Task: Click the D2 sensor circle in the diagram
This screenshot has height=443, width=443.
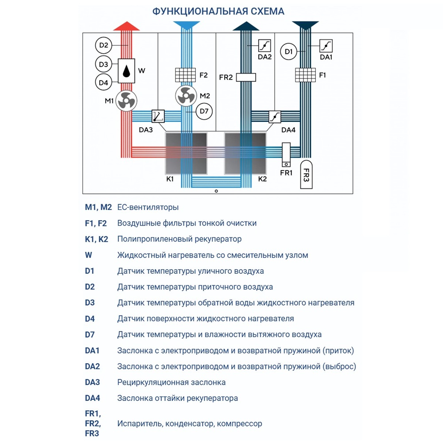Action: pos(104,45)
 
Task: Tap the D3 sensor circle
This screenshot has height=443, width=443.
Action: pos(104,64)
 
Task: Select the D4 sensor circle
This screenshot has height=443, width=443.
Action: pos(104,82)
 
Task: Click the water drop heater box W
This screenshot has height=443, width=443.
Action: pos(127,71)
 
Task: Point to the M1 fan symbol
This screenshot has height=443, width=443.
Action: pos(126,101)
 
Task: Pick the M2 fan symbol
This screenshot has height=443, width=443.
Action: pos(186,96)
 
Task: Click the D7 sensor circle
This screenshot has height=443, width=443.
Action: pos(204,111)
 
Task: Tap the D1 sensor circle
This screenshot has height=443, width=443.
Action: pos(289,52)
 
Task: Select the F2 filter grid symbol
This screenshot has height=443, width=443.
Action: pos(186,75)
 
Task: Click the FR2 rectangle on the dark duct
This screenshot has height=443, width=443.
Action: pos(246,78)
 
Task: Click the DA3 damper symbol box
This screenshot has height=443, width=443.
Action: pos(158,116)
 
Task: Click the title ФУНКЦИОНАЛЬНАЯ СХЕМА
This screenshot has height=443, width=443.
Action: pos(218,12)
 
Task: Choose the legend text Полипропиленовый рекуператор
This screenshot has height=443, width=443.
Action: pos(179,239)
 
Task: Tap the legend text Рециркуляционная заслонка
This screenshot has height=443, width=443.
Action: pos(171,382)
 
